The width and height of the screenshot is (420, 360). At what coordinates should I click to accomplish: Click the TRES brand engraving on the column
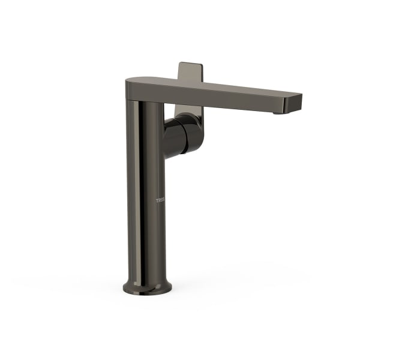click(160, 200)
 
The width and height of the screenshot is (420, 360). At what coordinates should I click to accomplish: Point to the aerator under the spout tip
click(277, 112)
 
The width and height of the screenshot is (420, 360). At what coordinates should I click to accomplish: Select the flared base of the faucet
click(146, 284)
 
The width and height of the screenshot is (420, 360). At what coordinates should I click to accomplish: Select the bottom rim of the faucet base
click(146, 293)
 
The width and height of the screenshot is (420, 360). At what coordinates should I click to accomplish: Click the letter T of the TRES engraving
click(157, 200)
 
